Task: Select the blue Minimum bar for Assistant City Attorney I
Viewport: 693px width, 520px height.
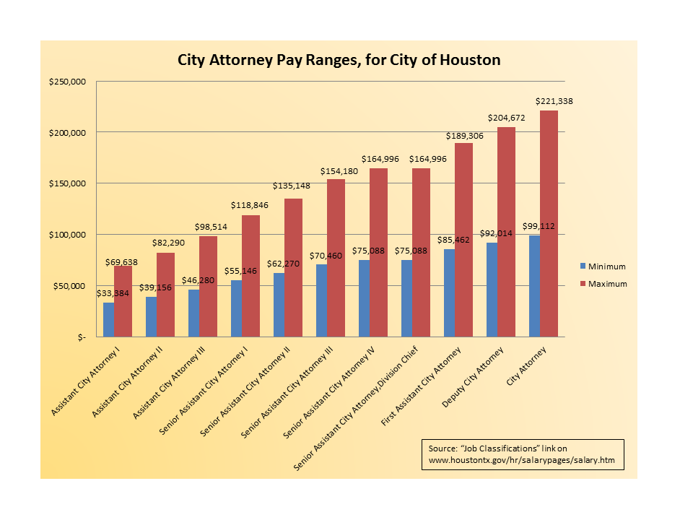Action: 108,320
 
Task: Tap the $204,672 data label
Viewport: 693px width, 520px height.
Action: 506,117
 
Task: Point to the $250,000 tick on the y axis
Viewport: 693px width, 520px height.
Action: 67,82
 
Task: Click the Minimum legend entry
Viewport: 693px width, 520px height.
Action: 606,266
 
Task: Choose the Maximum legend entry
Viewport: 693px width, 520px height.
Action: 607,284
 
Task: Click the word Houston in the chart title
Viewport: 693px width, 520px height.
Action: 471,60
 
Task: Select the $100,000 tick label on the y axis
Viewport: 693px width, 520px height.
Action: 67,235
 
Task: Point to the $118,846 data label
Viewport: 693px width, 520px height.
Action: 250,206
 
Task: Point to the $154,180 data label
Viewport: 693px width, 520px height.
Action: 336,170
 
